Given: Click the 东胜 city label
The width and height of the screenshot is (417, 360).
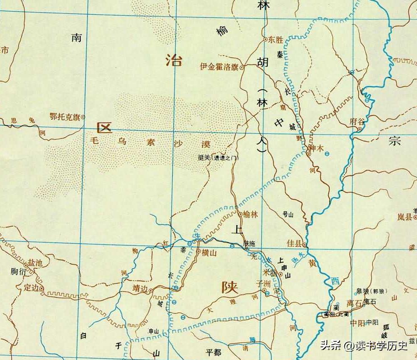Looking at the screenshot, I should (277, 40).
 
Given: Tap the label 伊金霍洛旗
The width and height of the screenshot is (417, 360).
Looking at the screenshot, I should (219, 67).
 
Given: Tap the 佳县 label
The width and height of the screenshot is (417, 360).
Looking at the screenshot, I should (294, 244).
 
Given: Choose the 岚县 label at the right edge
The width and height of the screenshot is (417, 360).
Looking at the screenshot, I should (405, 217).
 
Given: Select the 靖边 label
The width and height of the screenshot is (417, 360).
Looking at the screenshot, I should (141, 289).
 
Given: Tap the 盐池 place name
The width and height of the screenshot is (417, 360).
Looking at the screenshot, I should (35, 263).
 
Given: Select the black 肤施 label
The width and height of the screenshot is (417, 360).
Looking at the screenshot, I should (249, 243).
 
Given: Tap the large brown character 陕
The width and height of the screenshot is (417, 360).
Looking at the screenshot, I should (230, 287).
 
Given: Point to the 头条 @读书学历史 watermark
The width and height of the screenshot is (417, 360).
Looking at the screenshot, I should (364, 346).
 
